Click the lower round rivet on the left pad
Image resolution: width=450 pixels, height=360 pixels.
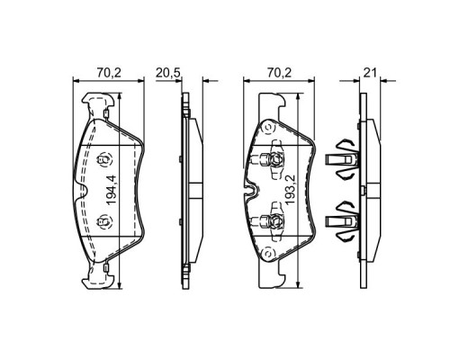click(102, 221)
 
